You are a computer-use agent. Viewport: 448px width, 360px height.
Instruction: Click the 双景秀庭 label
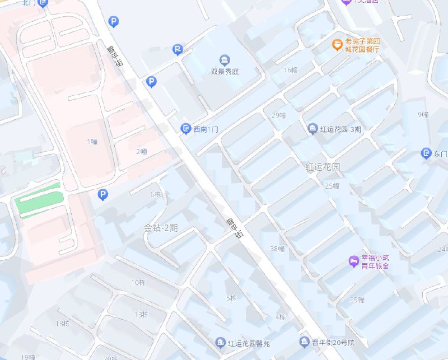(x=225, y=71)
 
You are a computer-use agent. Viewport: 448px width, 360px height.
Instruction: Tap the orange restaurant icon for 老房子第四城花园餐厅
(x=337, y=44)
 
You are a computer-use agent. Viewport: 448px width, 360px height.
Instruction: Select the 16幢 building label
(x=291, y=70)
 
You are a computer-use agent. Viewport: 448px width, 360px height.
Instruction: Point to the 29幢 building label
(x=278, y=115)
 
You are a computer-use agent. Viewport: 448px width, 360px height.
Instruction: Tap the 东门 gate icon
(x=426, y=153)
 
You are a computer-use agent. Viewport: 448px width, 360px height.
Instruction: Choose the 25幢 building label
(x=332, y=186)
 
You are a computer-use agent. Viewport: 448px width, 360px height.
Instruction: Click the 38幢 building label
(x=277, y=248)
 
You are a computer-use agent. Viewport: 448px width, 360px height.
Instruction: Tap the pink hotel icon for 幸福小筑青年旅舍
(x=353, y=260)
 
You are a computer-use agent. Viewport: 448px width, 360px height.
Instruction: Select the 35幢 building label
(x=357, y=300)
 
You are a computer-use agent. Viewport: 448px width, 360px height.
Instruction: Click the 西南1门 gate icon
(x=186, y=129)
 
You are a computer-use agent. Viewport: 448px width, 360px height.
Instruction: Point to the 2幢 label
(x=141, y=152)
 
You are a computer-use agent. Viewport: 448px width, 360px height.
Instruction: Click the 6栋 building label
(x=155, y=194)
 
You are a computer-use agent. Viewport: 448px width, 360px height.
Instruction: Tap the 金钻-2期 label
(x=161, y=228)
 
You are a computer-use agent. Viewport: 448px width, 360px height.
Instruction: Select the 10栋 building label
(x=138, y=282)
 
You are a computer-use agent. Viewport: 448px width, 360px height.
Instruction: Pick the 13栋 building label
(x=141, y=314)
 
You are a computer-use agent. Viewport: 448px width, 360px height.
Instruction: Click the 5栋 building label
(x=231, y=298)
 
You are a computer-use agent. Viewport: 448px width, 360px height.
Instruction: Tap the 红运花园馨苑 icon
(x=221, y=342)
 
